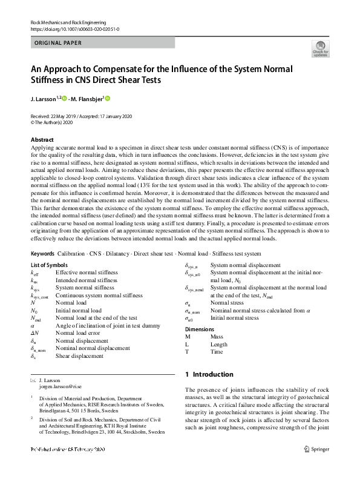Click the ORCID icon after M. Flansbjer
(108, 99)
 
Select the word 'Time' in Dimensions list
(217, 351)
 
